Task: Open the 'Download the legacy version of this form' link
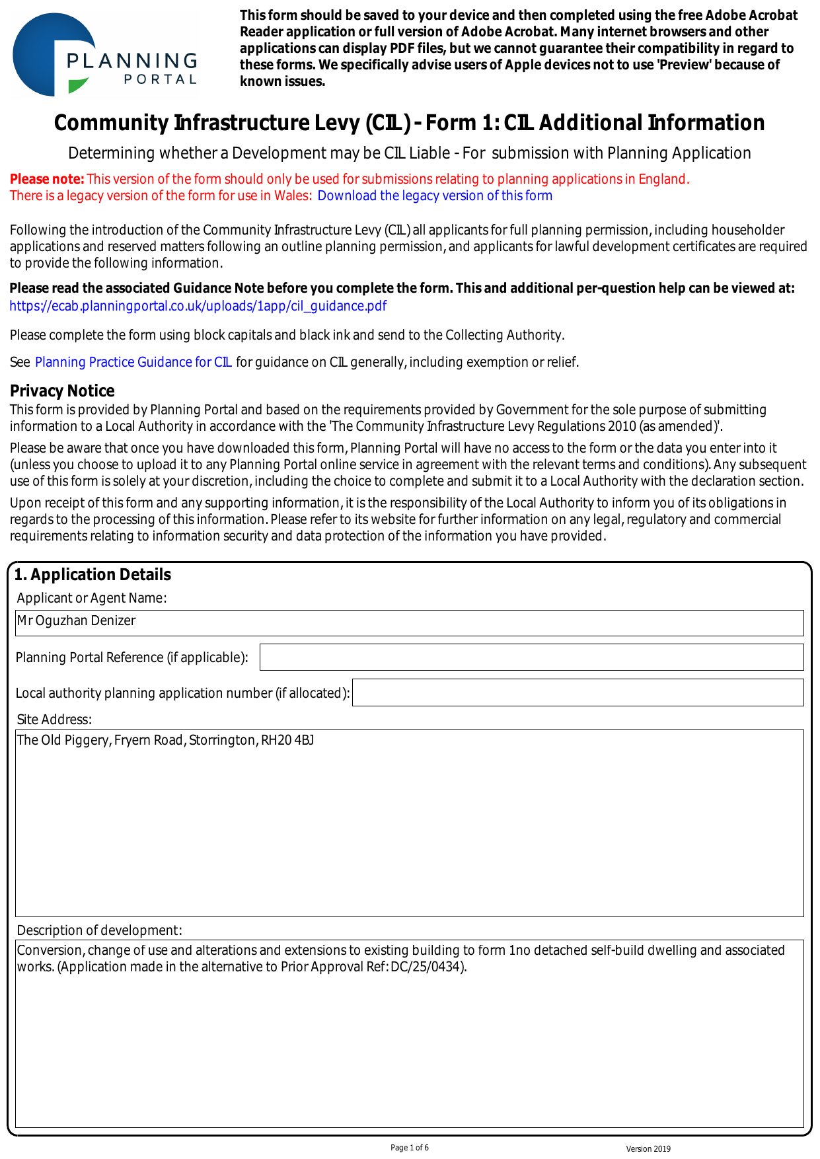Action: tap(435, 196)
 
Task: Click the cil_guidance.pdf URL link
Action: tap(198, 306)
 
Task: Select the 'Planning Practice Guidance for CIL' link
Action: tap(133, 362)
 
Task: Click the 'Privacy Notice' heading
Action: tap(62, 391)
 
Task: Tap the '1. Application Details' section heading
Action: tap(93, 575)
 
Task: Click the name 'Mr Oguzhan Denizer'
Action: tap(76, 621)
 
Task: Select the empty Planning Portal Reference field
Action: tap(531, 657)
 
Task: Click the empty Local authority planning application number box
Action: tap(578, 692)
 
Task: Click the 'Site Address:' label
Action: tap(54, 720)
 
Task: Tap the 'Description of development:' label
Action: tap(99, 930)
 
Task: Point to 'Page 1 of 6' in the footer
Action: tap(410, 1148)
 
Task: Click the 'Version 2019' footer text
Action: tap(648, 1149)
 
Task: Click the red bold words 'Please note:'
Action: tap(47, 179)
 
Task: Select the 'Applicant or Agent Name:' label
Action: tap(92, 598)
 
